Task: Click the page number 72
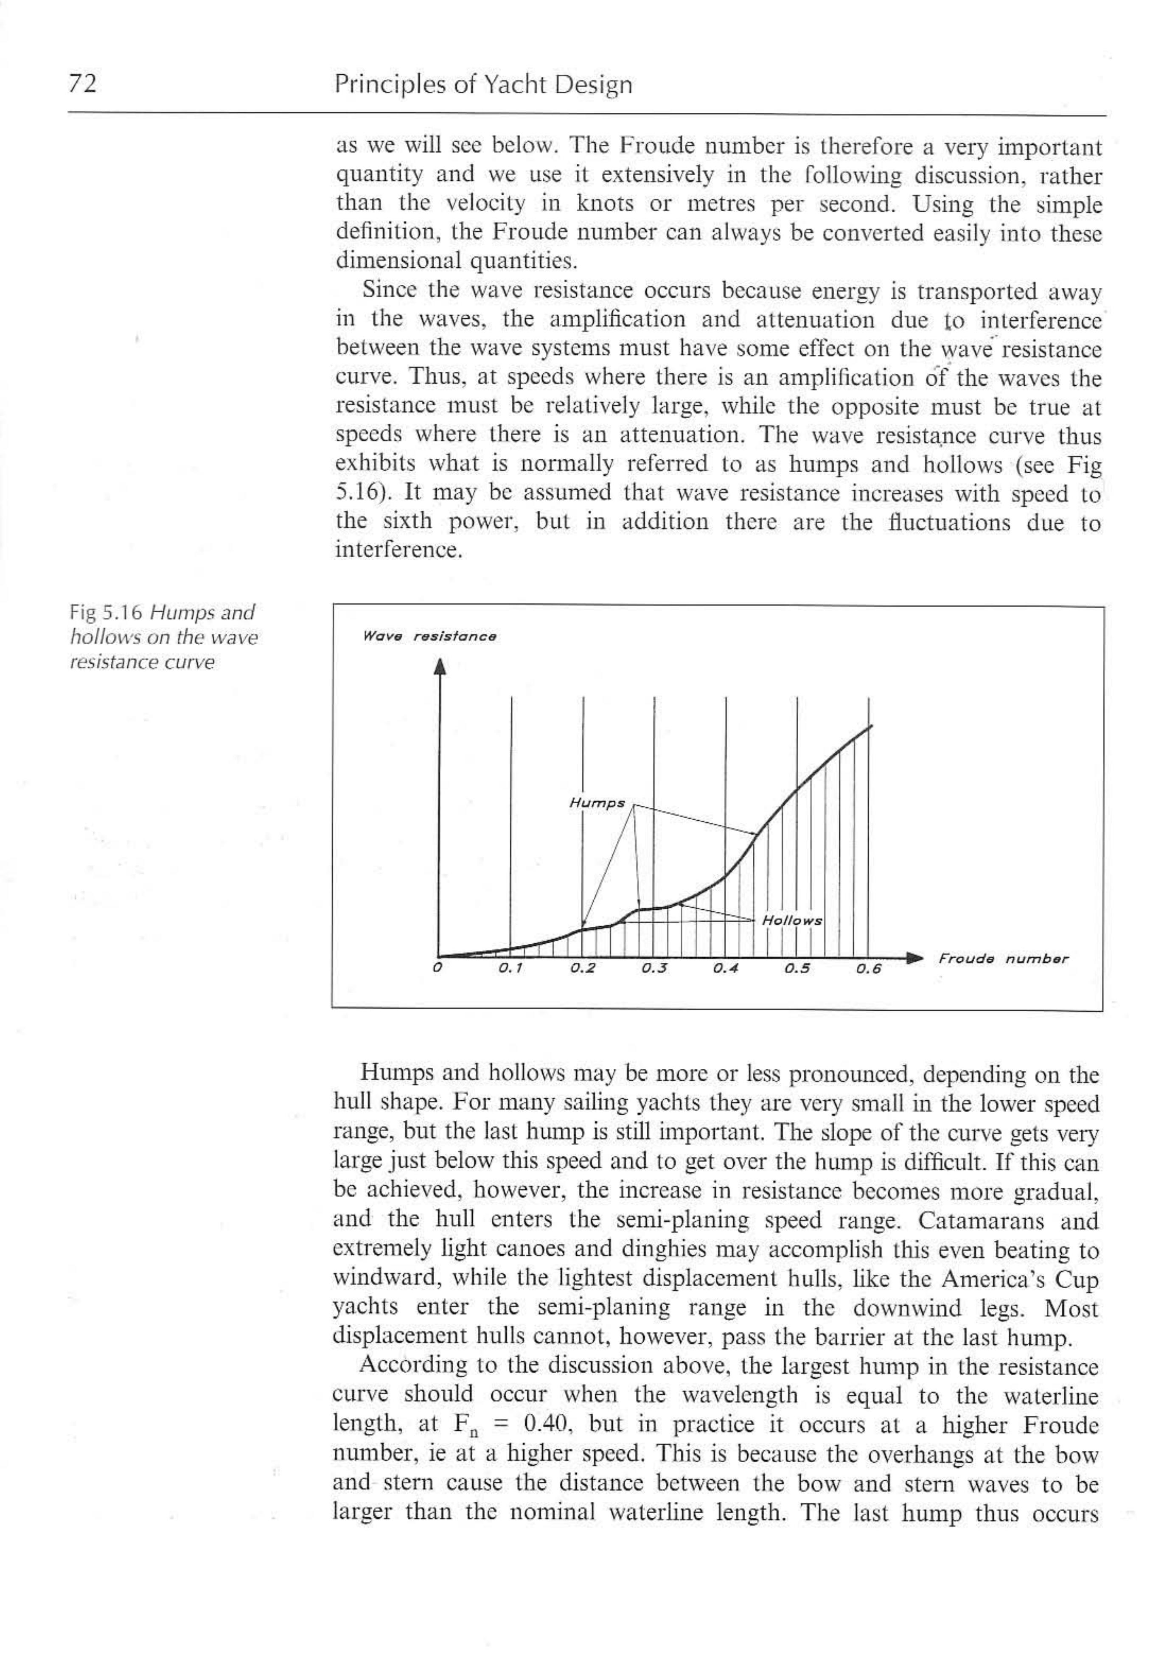click(x=83, y=85)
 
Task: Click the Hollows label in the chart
click(x=792, y=921)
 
